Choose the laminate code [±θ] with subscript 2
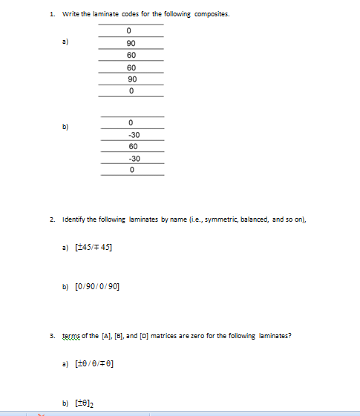click(x=88, y=403)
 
